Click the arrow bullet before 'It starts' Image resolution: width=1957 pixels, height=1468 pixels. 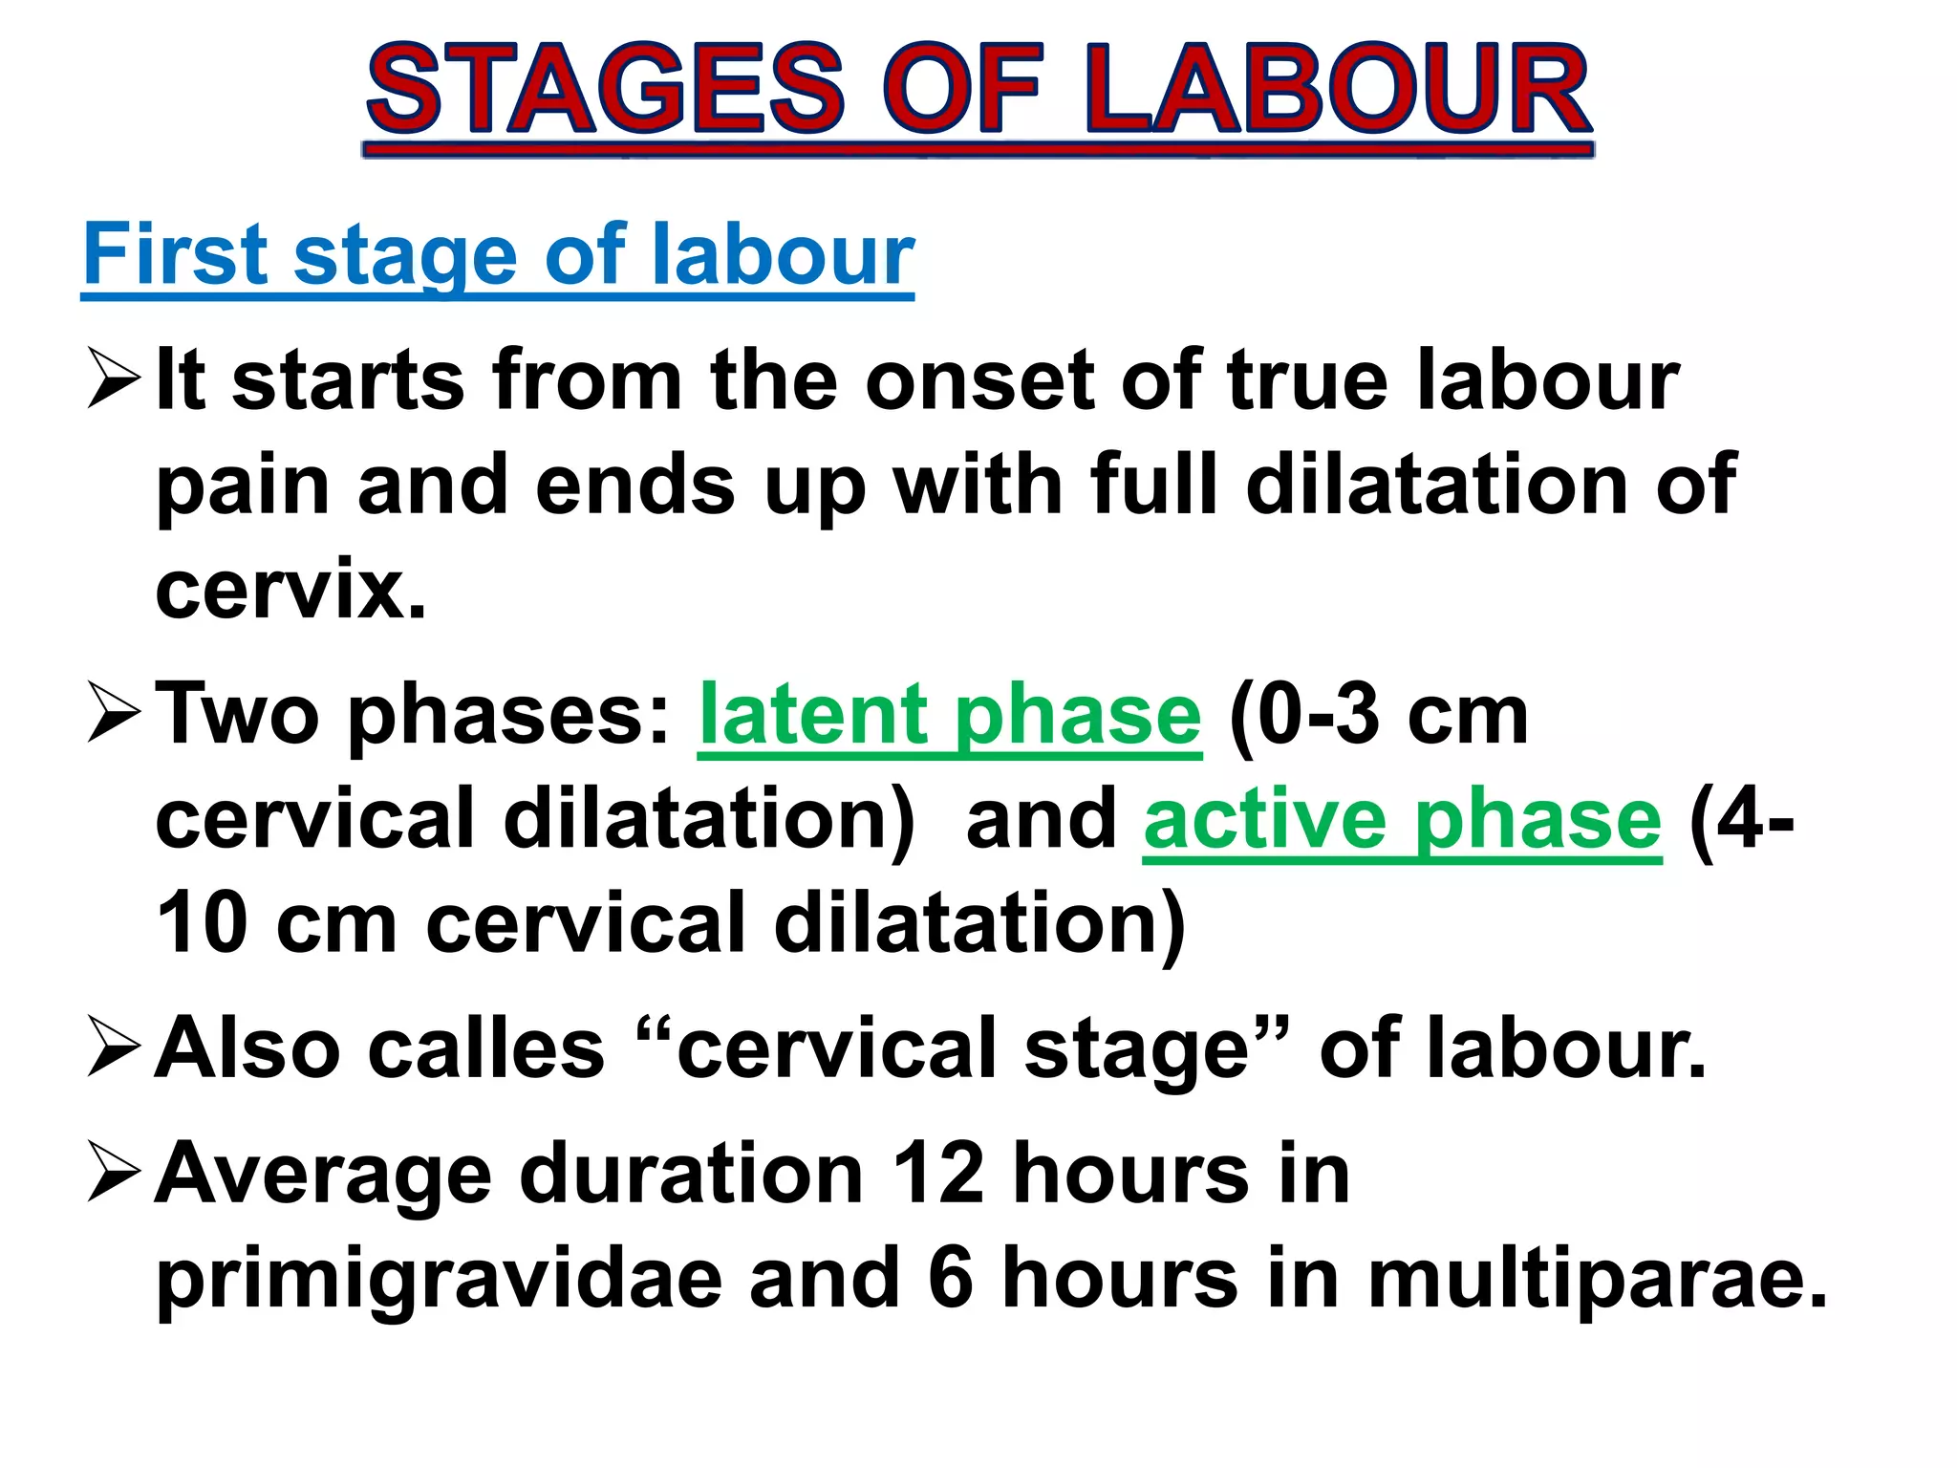point(113,378)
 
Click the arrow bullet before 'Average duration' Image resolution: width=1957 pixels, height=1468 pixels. point(113,1172)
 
